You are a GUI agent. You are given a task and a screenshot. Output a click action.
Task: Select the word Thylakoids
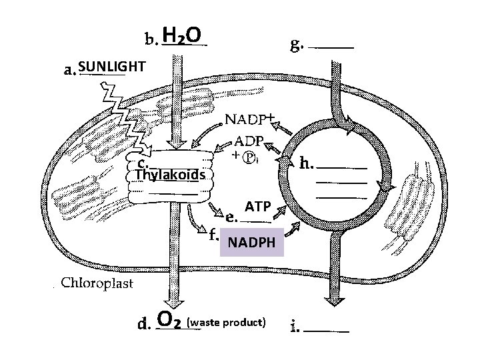173,175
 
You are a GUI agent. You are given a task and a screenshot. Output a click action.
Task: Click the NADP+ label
249,119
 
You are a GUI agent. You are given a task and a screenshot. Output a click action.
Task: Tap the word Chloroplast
97,283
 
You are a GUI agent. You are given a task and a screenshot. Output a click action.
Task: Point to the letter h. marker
307,162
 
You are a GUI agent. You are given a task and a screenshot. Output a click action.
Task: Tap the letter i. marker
295,327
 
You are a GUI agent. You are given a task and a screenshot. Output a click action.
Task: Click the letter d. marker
143,325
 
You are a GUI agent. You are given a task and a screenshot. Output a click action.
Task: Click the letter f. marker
213,235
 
